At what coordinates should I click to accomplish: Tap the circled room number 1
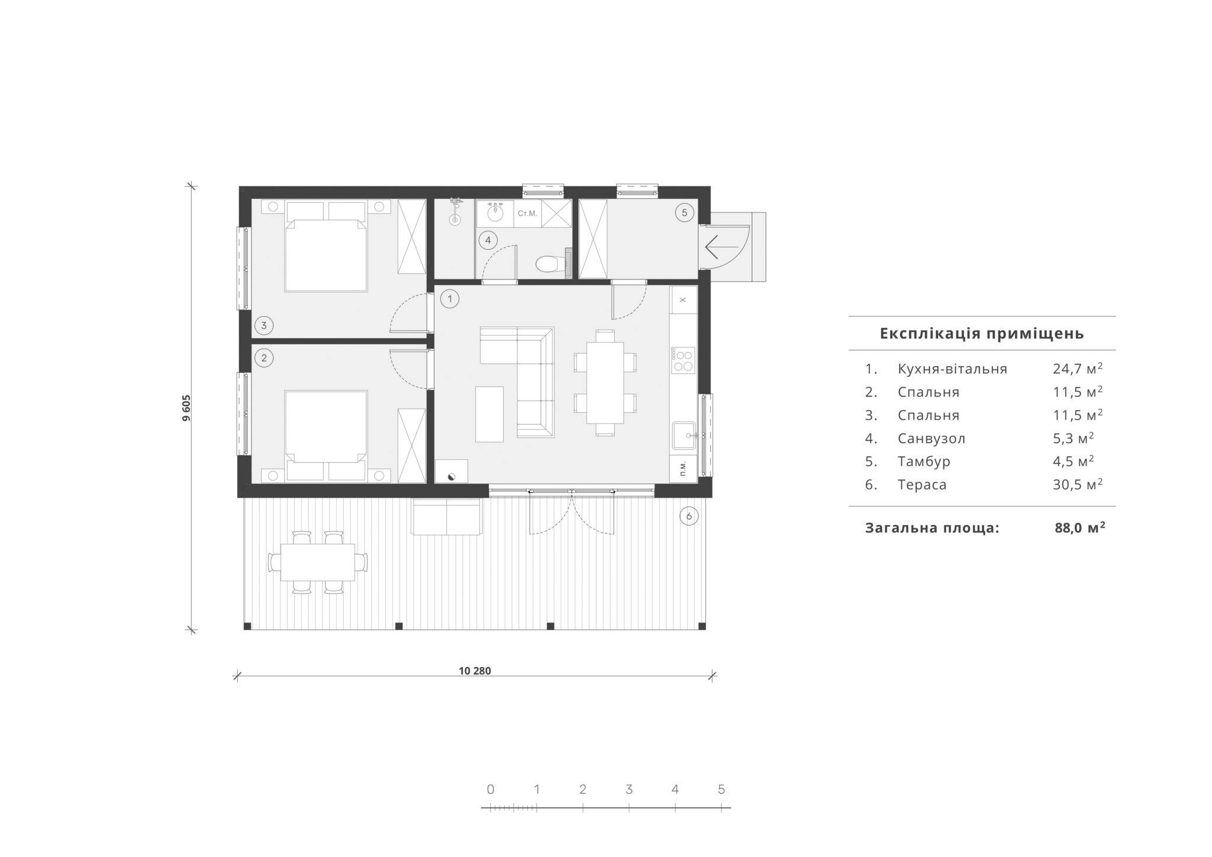450,299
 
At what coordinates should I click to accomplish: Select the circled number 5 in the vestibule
684,212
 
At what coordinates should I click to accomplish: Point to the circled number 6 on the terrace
689,516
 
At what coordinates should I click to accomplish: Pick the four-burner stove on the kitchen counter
682,360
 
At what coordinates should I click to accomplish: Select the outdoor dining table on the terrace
318,562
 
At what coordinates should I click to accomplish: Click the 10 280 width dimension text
475,671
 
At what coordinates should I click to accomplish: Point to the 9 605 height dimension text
186,408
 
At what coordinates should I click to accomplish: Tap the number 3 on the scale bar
629,789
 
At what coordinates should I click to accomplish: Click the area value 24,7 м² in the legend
1078,368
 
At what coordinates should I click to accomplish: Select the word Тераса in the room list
922,485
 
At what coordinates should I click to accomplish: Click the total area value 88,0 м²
1080,527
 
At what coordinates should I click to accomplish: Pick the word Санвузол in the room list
931,439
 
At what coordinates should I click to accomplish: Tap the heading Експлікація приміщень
982,333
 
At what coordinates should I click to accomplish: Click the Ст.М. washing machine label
527,213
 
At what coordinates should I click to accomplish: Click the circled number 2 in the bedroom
264,357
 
